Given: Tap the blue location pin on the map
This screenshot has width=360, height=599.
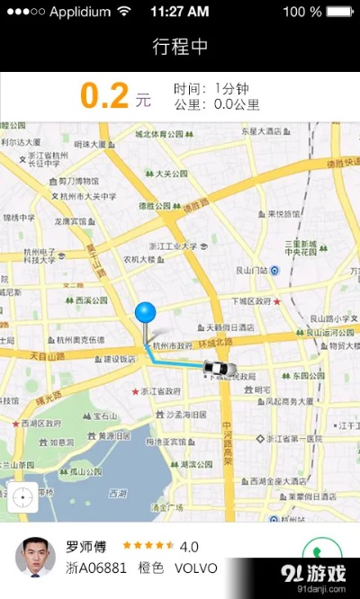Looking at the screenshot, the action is click(x=145, y=314).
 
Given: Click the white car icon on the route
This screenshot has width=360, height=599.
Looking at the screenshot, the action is click(x=220, y=368).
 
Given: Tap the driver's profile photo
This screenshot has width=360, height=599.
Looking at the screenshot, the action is click(x=35, y=556).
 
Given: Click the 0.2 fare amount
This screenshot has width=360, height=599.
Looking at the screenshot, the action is click(x=104, y=96).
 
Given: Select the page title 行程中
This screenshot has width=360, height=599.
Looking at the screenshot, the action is click(x=180, y=47).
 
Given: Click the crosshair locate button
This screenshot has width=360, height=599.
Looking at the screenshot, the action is click(x=22, y=496).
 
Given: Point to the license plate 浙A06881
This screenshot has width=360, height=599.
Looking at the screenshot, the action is click(x=96, y=568).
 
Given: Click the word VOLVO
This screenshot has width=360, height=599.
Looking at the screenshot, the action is click(x=196, y=568).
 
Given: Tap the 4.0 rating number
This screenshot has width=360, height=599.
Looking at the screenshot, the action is click(x=189, y=546).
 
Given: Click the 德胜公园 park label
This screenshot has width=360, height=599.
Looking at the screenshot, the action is click(x=155, y=205).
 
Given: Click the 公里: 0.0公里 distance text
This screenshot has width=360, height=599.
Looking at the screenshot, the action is click(x=217, y=104).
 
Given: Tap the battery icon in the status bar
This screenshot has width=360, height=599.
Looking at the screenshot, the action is click(x=339, y=12).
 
